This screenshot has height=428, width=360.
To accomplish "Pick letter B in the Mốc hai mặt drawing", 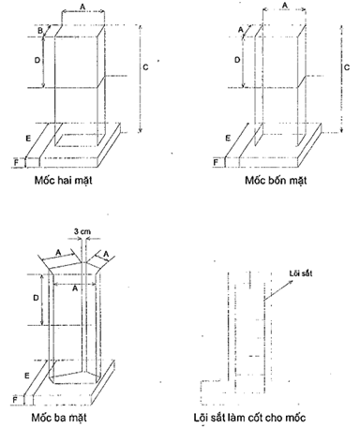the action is pyautogui.click(x=41, y=31).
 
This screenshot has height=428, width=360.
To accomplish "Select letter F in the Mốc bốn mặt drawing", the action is pyautogui.click(x=217, y=161).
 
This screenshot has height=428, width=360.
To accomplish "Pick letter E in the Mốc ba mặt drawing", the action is pyautogui.click(x=30, y=375).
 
